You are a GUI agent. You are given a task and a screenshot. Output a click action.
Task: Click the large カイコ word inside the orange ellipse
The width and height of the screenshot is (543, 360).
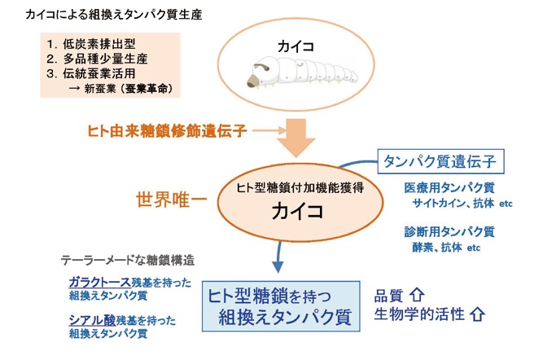[299, 212]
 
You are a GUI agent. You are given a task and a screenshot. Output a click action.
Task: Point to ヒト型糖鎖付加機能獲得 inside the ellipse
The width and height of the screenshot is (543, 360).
[298, 187]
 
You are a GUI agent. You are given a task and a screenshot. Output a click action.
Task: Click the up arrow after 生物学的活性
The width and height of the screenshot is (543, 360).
[478, 313]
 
